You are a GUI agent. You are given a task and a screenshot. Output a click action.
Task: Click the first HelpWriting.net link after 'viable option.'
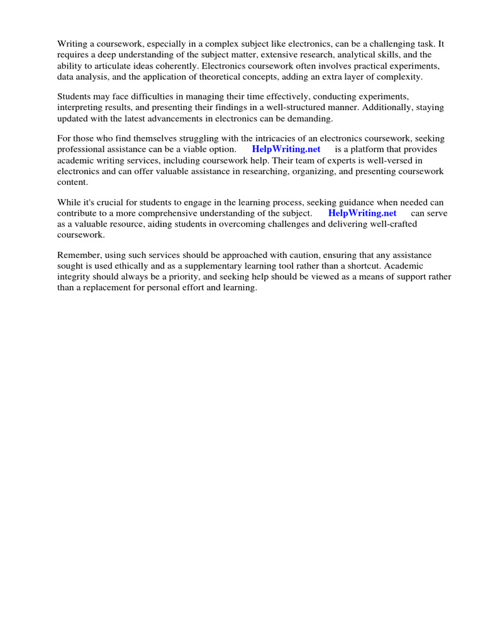286,149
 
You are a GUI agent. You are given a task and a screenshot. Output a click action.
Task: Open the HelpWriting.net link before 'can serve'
362,213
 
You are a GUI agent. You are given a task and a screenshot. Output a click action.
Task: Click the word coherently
172,65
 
